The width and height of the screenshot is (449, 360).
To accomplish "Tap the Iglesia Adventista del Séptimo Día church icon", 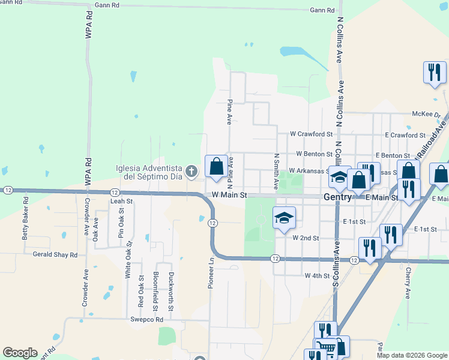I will (x=191, y=172).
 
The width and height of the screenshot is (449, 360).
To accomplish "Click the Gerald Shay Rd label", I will (x=55, y=254).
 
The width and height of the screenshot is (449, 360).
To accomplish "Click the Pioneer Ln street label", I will (x=211, y=274).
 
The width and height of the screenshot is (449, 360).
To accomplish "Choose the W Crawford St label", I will (x=311, y=134).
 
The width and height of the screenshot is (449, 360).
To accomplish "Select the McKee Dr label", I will (x=426, y=114).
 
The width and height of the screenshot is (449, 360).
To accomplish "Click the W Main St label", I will (x=229, y=195).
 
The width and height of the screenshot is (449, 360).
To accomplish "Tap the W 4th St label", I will (x=318, y=276).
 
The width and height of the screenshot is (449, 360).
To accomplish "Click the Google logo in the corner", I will (x=20, y=353).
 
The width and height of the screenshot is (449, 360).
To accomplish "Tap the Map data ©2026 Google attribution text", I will (x=412, y=355).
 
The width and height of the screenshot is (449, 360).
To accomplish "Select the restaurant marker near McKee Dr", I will (x=433, y=73).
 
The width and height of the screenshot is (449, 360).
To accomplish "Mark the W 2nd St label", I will (x=306, y=238).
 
